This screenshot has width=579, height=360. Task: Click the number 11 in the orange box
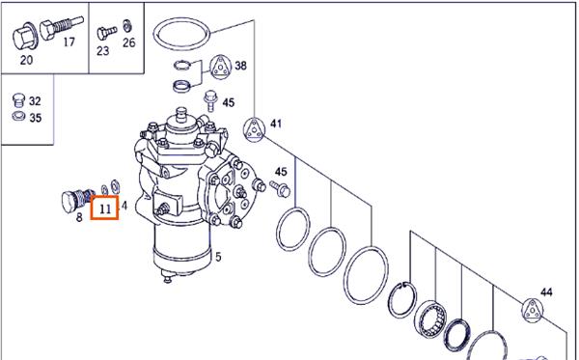105,209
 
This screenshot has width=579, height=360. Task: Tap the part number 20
26,60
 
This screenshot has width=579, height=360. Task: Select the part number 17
69,42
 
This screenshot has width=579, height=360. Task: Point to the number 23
103,50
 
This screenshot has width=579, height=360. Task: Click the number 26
129,42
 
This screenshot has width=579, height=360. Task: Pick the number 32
35,100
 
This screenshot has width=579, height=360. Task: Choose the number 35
36,118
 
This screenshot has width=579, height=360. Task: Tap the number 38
240,66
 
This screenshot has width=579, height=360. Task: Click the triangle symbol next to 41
254,129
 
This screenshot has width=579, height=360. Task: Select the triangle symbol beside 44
533,310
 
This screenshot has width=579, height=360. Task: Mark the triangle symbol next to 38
221,68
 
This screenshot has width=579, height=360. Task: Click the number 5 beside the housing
218,257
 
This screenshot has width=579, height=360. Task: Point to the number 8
79,217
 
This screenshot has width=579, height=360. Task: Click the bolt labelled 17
62,27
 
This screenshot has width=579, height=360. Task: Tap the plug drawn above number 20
24,37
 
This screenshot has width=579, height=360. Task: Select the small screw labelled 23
107,33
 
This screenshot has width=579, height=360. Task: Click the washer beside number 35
18,117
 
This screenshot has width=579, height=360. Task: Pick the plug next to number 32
18,100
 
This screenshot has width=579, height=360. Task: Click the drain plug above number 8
77,200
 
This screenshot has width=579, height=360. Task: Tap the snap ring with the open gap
404,298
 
